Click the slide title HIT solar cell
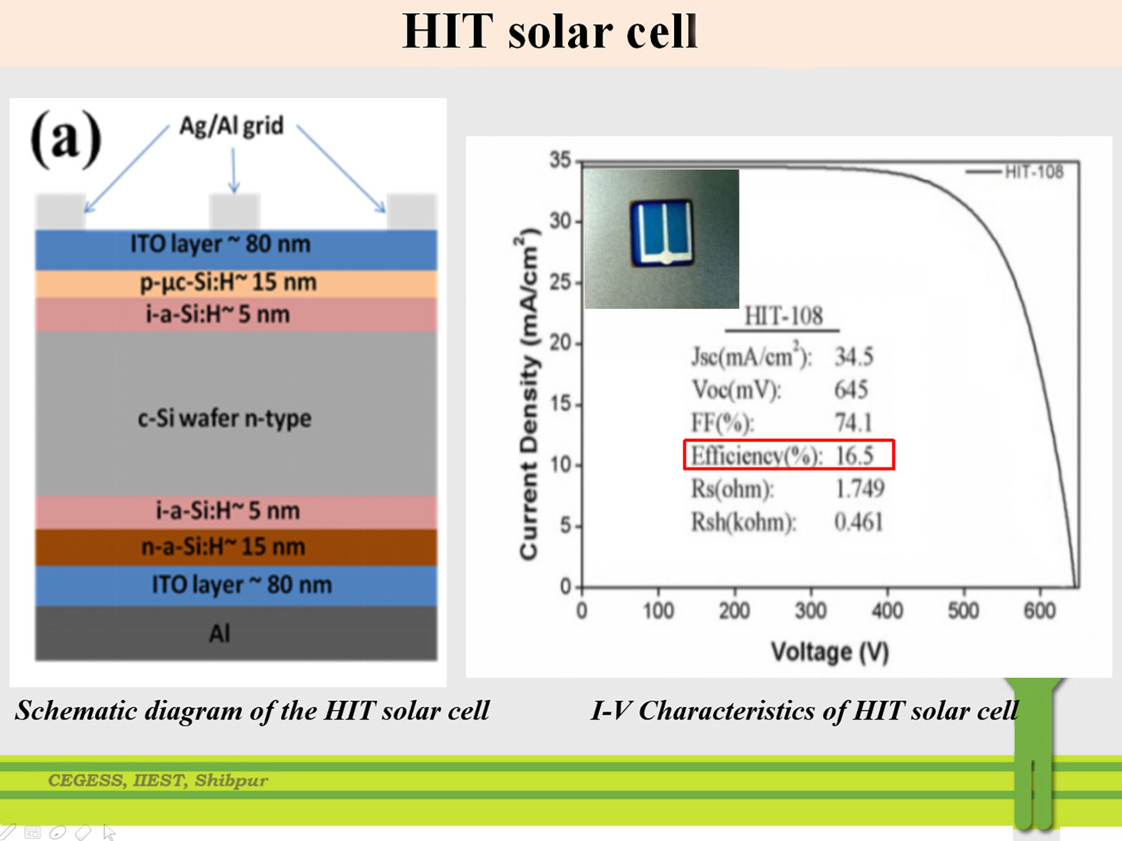[x=549, y=32]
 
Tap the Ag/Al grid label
[x=231, y=126]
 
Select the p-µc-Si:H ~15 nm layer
[x=236, y=283]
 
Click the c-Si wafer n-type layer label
[x=224, y=419]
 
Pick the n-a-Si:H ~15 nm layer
[x=236, y=547]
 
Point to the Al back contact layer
[x=236, y=633]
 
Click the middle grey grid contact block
[x=235, y=211]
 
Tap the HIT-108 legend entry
[x=1014, y=172]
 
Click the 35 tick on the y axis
[x=560, y=160]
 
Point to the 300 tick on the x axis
[x=811, y=611]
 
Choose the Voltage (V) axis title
[x=830, y=652]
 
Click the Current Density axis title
[x=528, y=394]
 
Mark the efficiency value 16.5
[x=854, y=456]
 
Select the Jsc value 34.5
[x=854, y=357]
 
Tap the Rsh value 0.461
[x=859, y=522]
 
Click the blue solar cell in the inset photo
[x=662, y=234]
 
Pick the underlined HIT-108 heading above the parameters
[x=783, y=316]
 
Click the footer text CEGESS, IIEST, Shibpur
[x=157, y=780]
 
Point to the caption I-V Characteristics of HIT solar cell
[x=805, y=711]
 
